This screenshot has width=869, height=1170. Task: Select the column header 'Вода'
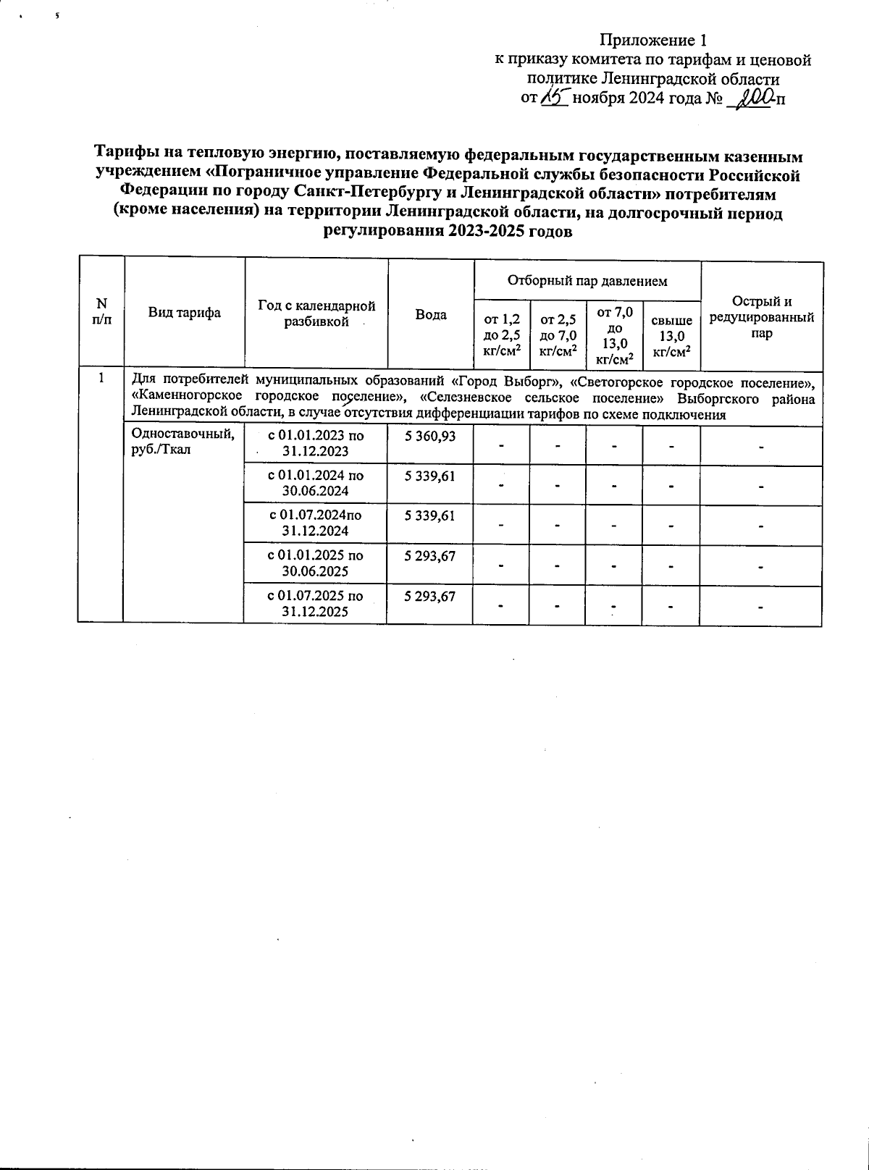click(431, 314)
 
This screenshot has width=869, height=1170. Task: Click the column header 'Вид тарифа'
click(185, 313)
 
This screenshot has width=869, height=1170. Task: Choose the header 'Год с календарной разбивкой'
click(316, 313)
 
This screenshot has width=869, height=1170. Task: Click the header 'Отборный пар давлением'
click(587, 280)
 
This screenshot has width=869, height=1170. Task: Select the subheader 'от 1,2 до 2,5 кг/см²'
click(501, 335)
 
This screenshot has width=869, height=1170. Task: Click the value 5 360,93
click(431, 436)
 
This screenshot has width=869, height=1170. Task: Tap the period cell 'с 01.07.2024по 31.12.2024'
click(316, 523)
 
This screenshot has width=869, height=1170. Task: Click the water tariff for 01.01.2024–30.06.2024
click(431, 476)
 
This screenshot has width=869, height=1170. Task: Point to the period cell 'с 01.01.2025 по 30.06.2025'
click(316, 563)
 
